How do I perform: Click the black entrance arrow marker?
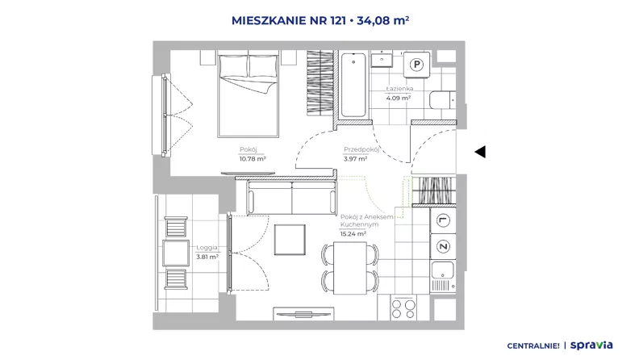coord(480,152)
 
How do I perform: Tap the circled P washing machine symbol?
coord(416,65)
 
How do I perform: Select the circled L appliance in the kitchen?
coord(443,220)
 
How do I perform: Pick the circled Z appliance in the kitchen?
coord(443,246)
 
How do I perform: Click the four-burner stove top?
coord(403,309)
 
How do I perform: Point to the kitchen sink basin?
coord(443,270)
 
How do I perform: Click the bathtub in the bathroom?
coord(353,85)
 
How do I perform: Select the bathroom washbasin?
coord(382,60)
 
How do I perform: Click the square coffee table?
coord(290,240)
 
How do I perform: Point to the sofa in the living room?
coord(292,197)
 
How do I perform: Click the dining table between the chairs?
coord(350,268)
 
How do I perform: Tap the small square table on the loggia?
coord(176,253)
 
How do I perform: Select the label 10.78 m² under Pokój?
coord(253,159)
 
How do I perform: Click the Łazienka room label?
coord(400,89)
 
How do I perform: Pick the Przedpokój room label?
coord(361,149)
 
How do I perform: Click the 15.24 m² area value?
coord(353,234)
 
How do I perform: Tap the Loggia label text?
coord(207,248)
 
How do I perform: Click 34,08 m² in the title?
coord(383,20)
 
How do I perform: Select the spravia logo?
coord(591,345)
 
